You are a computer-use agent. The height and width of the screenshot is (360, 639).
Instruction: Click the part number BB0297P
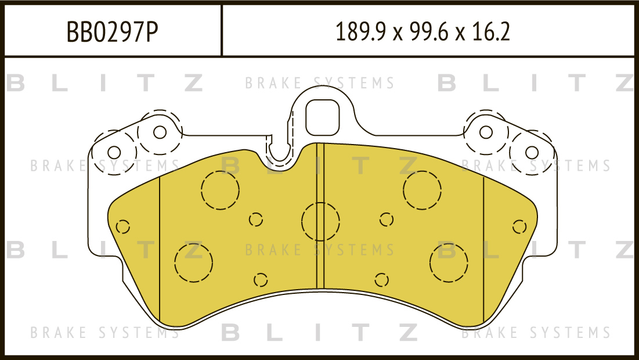point(112,32)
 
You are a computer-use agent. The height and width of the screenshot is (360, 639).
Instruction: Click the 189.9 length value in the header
point(360,32)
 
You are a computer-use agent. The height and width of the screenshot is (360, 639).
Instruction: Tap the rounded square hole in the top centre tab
point(322,117)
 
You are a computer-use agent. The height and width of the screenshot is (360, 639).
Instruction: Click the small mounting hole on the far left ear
point(114,153)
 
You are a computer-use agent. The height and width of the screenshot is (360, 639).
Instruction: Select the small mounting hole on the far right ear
point(532,153)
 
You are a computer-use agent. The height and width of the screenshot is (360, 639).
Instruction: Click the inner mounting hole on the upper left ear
point(160,132)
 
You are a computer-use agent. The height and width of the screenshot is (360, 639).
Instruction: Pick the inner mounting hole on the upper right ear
point(486,132)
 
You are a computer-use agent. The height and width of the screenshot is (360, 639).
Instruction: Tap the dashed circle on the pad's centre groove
point(321,222)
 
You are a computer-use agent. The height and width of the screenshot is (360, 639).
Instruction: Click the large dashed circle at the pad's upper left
point(220,190)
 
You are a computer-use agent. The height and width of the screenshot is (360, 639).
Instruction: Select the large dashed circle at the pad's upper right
point(422,190)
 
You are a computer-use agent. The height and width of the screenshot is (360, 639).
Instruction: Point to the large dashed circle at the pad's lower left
point(194,263)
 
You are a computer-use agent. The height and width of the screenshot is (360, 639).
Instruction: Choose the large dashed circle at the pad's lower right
point(449,263)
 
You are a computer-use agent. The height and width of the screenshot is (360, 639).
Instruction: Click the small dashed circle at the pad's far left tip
point(122,226)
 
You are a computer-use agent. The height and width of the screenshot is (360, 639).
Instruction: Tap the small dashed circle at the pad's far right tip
point(519,226)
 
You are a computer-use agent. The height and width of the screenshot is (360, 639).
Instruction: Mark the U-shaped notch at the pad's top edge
point(279,153)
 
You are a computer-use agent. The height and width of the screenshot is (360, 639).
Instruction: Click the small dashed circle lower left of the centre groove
point(261,280)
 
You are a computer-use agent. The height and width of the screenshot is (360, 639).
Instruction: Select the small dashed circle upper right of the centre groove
point(387,219)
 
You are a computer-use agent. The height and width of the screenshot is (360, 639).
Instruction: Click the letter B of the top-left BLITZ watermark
point(16,83)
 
